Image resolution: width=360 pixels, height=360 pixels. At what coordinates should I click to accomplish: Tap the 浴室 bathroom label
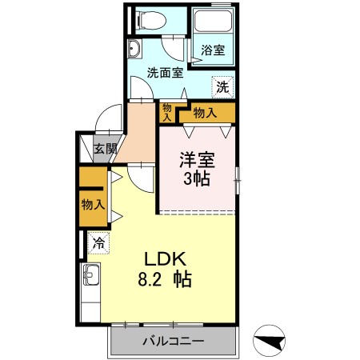click(212, 50)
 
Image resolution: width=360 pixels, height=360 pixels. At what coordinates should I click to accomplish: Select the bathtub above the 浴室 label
click(212, 22)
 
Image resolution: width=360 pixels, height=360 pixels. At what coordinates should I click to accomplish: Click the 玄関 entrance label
click(105, 148)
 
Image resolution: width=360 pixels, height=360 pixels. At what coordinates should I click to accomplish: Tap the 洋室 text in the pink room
click(196, 159)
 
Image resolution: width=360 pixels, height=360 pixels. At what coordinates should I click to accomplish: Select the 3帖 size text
click(196, 178)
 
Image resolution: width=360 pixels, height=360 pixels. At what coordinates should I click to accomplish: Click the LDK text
click(165, 260)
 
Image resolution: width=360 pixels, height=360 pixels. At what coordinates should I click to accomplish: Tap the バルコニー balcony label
click(174, 342)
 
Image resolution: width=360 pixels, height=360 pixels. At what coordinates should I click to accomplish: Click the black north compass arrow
click(269, 342)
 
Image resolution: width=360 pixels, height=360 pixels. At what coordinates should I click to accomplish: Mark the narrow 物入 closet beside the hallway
click(167, 112)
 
